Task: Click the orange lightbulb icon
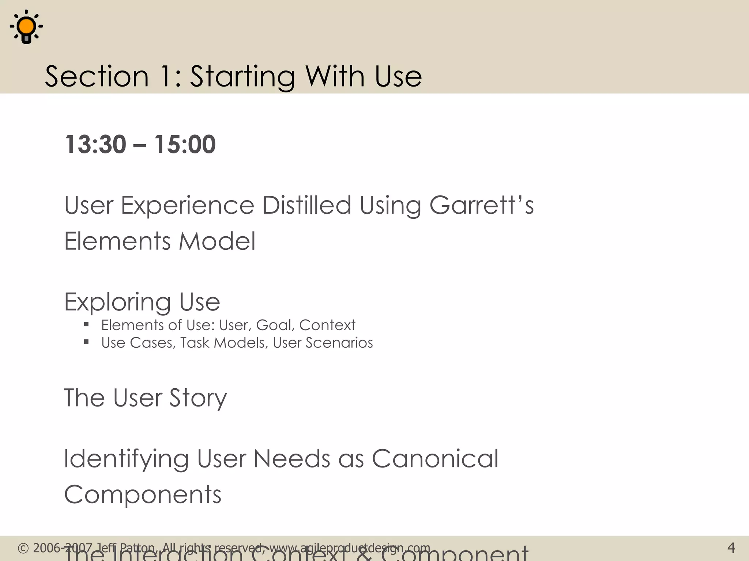(x=26, y=27)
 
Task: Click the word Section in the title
(x=97, y=76)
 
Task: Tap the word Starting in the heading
(x=242, y=76)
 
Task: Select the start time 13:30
(x=95, y=144)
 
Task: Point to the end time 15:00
(x=185, y=144)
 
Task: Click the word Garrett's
(x=481, y=205)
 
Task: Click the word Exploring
(x=117, y=302)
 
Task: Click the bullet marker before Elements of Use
(x=86, y=324)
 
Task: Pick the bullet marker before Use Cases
(x=86, y=342)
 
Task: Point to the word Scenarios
(x=339, y=343)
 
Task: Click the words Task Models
(x=224, y=343)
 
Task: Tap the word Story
(x=197, y=398)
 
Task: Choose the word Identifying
(x=126, y=459)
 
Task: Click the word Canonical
(x=435, y=459)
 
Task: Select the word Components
(x=143, y=495)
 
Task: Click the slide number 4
(x=731, y=548)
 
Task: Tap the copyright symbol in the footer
(x=23, y=548)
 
